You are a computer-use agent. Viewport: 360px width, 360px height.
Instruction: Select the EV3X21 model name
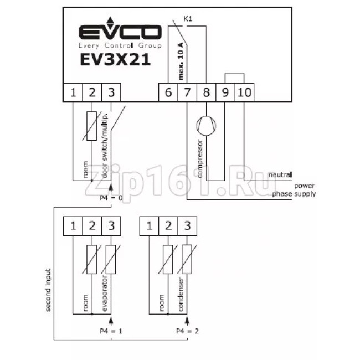115,60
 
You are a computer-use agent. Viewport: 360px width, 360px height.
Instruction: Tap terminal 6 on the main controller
168,92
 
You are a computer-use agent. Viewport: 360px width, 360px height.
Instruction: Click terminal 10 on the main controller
244,92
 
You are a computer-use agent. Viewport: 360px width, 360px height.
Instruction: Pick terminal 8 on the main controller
207,92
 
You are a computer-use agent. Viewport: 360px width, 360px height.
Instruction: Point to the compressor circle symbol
206,126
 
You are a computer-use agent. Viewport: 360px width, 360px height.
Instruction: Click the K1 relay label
188,19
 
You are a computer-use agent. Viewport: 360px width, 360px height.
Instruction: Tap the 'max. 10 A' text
181,61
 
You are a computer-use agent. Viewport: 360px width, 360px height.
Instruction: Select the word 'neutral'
280,174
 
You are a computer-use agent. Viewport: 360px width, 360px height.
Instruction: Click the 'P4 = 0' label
111,198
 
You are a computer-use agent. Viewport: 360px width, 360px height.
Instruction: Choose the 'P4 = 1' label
111,331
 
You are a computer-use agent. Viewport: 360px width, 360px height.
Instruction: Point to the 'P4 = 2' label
187,331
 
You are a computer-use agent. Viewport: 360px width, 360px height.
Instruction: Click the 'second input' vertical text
48,290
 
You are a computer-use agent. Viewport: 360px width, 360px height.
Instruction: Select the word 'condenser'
181,294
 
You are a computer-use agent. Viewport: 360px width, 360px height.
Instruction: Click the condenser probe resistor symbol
187,259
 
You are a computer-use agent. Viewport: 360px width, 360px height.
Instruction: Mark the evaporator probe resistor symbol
111,259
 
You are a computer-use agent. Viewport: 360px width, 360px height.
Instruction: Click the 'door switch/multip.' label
105,146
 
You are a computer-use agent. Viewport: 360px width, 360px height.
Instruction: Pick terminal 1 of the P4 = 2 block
149,226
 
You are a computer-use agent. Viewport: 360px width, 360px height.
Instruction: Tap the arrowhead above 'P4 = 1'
111,320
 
